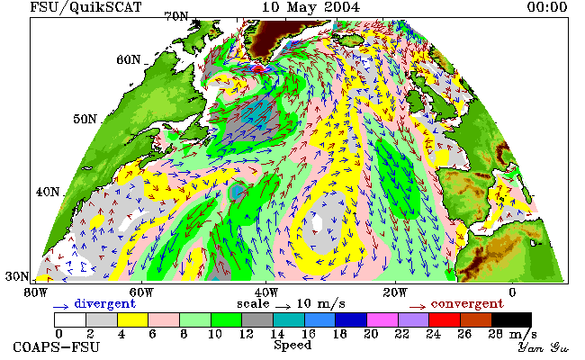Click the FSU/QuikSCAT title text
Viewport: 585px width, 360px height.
coord(85,7)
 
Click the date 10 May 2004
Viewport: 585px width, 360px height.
coord(310,7)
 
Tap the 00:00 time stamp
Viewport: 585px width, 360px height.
coord(547,7)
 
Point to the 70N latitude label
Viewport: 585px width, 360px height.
coord(176,17)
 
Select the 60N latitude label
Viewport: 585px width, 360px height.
coord(129,59)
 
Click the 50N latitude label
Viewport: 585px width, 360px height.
coord(85,120)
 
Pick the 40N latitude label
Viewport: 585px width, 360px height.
coord(48,192)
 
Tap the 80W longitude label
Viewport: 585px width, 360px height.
coord(36,292)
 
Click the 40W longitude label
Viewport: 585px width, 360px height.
coord(266,292)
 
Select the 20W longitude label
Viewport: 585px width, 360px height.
coord(395,292)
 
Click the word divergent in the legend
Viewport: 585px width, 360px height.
coord(104,304)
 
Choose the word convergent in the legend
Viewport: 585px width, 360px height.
coord(467,304)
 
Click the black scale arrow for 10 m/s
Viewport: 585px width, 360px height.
coord(283,307)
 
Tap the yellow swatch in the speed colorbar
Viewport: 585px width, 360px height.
coord(132,320)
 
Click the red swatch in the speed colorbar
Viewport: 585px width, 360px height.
coord(445,320)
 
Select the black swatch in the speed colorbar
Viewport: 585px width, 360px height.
coord(511,320)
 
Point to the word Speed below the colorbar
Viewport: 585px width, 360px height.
coord(292,345)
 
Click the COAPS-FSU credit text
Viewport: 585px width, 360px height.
coord(57,347)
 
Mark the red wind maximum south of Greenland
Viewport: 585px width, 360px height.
coord(258,68)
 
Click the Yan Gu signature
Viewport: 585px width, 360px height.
coord(544,347)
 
